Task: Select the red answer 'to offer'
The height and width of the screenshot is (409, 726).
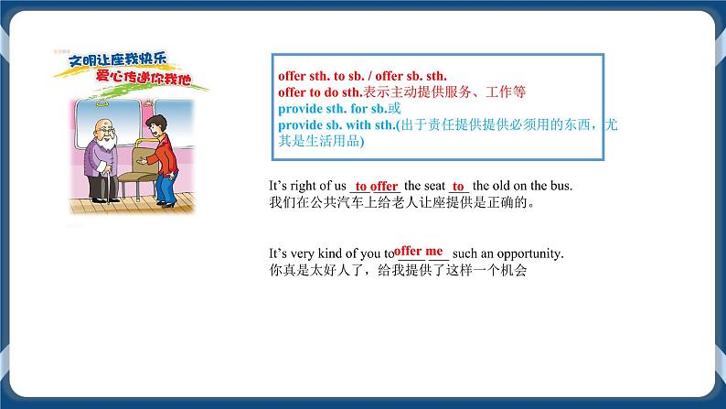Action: pyautogui.click(x=376, y=186)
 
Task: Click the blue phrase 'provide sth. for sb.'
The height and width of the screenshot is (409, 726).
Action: pyautogui.click(x=329, y=108)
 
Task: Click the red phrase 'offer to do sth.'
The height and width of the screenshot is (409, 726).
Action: pyautogui.click(x=320, y=92)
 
